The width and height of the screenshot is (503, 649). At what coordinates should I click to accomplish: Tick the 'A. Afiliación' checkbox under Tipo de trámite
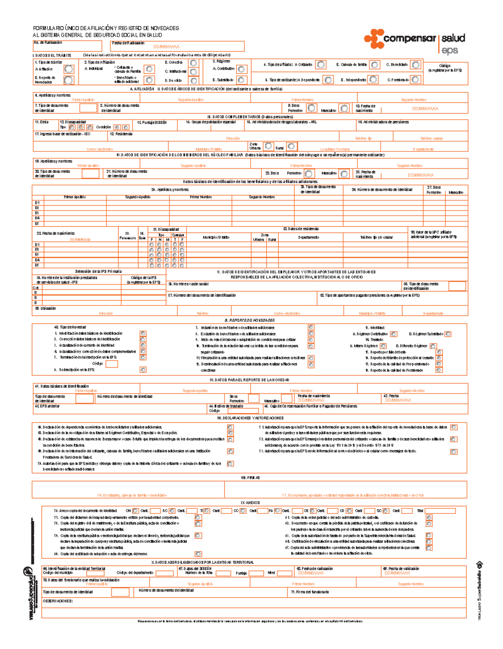(x=69, y=69)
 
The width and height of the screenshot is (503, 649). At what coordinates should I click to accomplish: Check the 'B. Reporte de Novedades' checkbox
(x=69, y=80)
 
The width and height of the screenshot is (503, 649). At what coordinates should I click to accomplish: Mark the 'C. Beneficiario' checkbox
(x=415, y=65)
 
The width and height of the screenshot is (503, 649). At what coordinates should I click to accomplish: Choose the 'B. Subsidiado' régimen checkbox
(x=241, y=80)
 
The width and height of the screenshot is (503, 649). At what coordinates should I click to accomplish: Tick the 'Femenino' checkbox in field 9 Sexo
(x=311, y=108)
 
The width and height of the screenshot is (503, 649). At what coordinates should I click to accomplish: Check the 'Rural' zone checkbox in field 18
(x=292, y=146)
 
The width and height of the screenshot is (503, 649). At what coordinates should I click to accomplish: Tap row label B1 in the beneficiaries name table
(x=37, y=203)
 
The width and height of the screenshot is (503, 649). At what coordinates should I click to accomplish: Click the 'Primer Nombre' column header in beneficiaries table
(x=200, y=197)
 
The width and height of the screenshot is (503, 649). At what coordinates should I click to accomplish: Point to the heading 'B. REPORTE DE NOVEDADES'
(x=250, y=320)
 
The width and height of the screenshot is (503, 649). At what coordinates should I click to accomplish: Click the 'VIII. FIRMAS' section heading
(x=250, y=477)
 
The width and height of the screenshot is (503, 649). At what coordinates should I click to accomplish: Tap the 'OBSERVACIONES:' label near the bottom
(x=58, y=601)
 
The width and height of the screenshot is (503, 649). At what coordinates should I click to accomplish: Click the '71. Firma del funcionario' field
(x=377, y=592)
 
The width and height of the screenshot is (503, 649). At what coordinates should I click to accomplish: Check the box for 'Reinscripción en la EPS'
(x=143, y=370)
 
